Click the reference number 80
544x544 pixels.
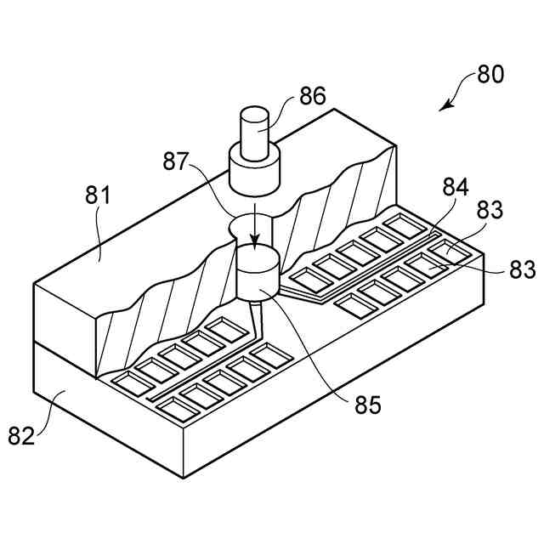click(490, 74)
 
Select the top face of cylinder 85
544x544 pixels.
click(257, 258)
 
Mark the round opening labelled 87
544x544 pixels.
click(252, 225)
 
